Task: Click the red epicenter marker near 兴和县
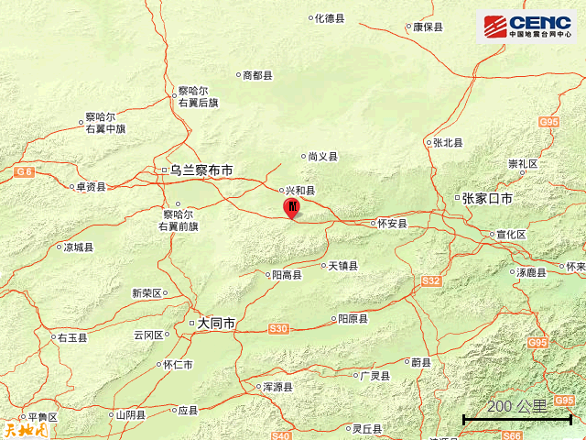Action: (x=291, y=208)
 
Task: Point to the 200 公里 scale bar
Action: (x=517, y=418)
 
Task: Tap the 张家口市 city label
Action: (x=486, y=198)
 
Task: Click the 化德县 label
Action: (x=329, y=18)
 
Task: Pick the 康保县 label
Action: (x=428, y=27)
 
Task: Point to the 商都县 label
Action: (x=257, y=76)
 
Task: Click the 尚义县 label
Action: (x=322, y=157)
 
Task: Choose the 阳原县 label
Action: (x=353, y=319)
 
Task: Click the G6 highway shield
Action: (x=24, y=171)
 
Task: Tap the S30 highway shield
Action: (x=278, y=328)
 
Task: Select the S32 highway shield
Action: (x=431, y=280)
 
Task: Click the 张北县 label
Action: (x=448, y=143)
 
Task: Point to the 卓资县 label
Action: (x=90, y=187)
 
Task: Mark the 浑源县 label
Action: (x=277, y=388)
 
